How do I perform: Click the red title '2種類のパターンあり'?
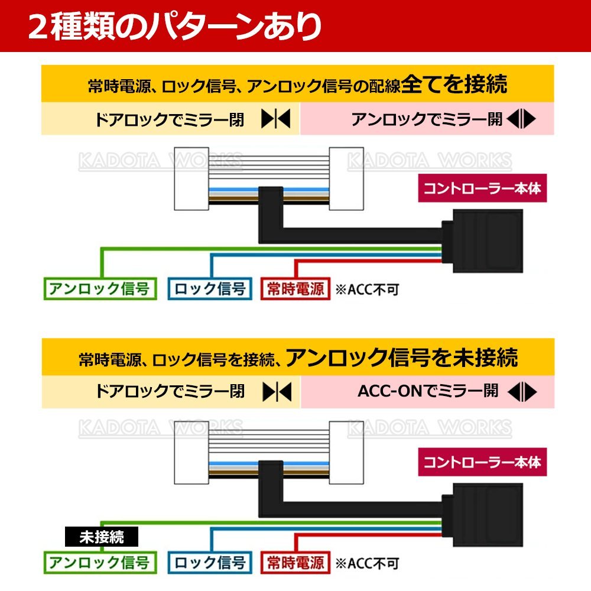[175, 27]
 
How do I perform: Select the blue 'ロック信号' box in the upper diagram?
[210, 289]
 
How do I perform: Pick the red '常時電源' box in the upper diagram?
[295, 289]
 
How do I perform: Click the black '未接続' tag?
[101, 537]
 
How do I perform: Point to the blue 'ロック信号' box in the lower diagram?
[210, 561]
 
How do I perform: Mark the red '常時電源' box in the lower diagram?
[295, 561]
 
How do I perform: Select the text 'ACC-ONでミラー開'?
[428, 391]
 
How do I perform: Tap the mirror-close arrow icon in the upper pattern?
[276, 120]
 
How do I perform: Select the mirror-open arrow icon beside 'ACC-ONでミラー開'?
[521, 391]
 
